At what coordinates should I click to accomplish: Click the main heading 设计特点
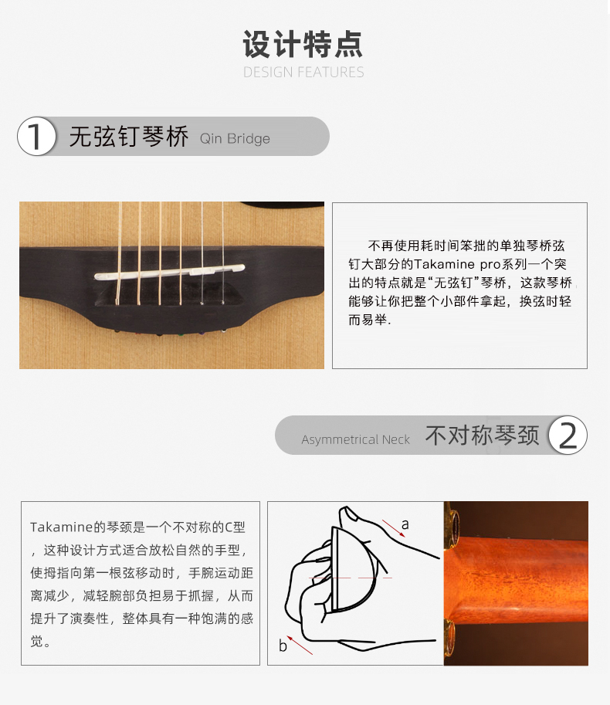pyautogui.click(x=303, y=44)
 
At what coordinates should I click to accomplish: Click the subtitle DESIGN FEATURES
pyautogui.click(x=303, y=72)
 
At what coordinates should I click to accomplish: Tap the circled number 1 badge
pyautogui.click(x=37, y=136)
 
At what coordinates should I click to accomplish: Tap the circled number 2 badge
pyautogui.click(x=568, y=435)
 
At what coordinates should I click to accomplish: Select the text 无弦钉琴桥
pyautogui.click(x=129, y=136)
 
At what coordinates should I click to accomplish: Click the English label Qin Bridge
pyautogui.click(x=235, y=138)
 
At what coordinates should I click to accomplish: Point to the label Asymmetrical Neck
pyautogui.click(x=355, y=439)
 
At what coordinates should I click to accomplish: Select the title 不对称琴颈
pyautogui.click(x=482, y=436)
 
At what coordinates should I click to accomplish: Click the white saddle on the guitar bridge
pyautogui.click(x=169, y=272)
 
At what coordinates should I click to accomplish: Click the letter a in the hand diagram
pyautogui.click(x=405, y=524)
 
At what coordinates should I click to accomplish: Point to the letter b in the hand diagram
pyautogui.click(x=283, y=646)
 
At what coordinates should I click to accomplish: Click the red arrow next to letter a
pyautogui.click(x=394, y=528)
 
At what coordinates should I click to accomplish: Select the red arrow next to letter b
pyautogui.click(x=300, y=646)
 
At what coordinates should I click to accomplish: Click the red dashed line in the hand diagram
pyautogui.click(x=351, y=578)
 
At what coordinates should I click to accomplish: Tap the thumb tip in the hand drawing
pyautogui.click(x=347, y=512)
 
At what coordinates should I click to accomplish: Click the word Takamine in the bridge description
pyautogui.click(x=444, y=264)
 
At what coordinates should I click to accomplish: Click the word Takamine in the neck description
pyautogui.click(x=61, y=527)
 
